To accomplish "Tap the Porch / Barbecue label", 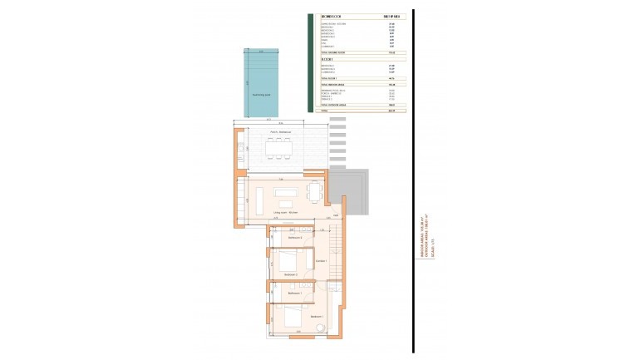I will click(279, 133).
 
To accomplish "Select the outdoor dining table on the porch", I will click(278, 150).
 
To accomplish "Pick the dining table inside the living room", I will click(313, 193).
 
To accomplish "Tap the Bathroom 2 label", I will click(294, 239).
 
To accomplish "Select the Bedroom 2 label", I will click(290, 274).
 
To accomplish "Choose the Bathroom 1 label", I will click(293, 293).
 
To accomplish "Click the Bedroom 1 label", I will click(317, 317).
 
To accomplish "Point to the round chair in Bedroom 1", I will click(321, 331).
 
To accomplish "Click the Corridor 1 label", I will click(321, 261).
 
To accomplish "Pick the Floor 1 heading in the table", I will click(327, 60).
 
